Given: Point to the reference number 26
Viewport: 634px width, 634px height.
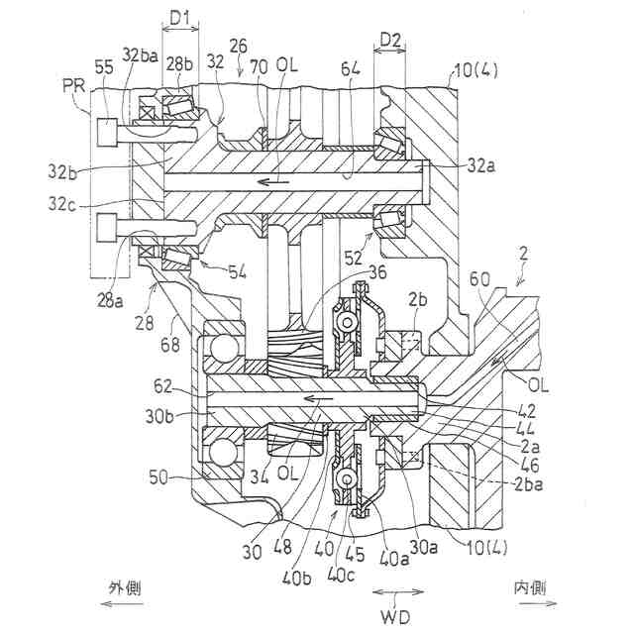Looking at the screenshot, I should tap(238, 46).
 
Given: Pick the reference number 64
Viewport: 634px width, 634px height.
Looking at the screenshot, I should tap(350, 70).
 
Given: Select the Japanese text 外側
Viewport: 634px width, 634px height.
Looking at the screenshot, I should tap(124, 586).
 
